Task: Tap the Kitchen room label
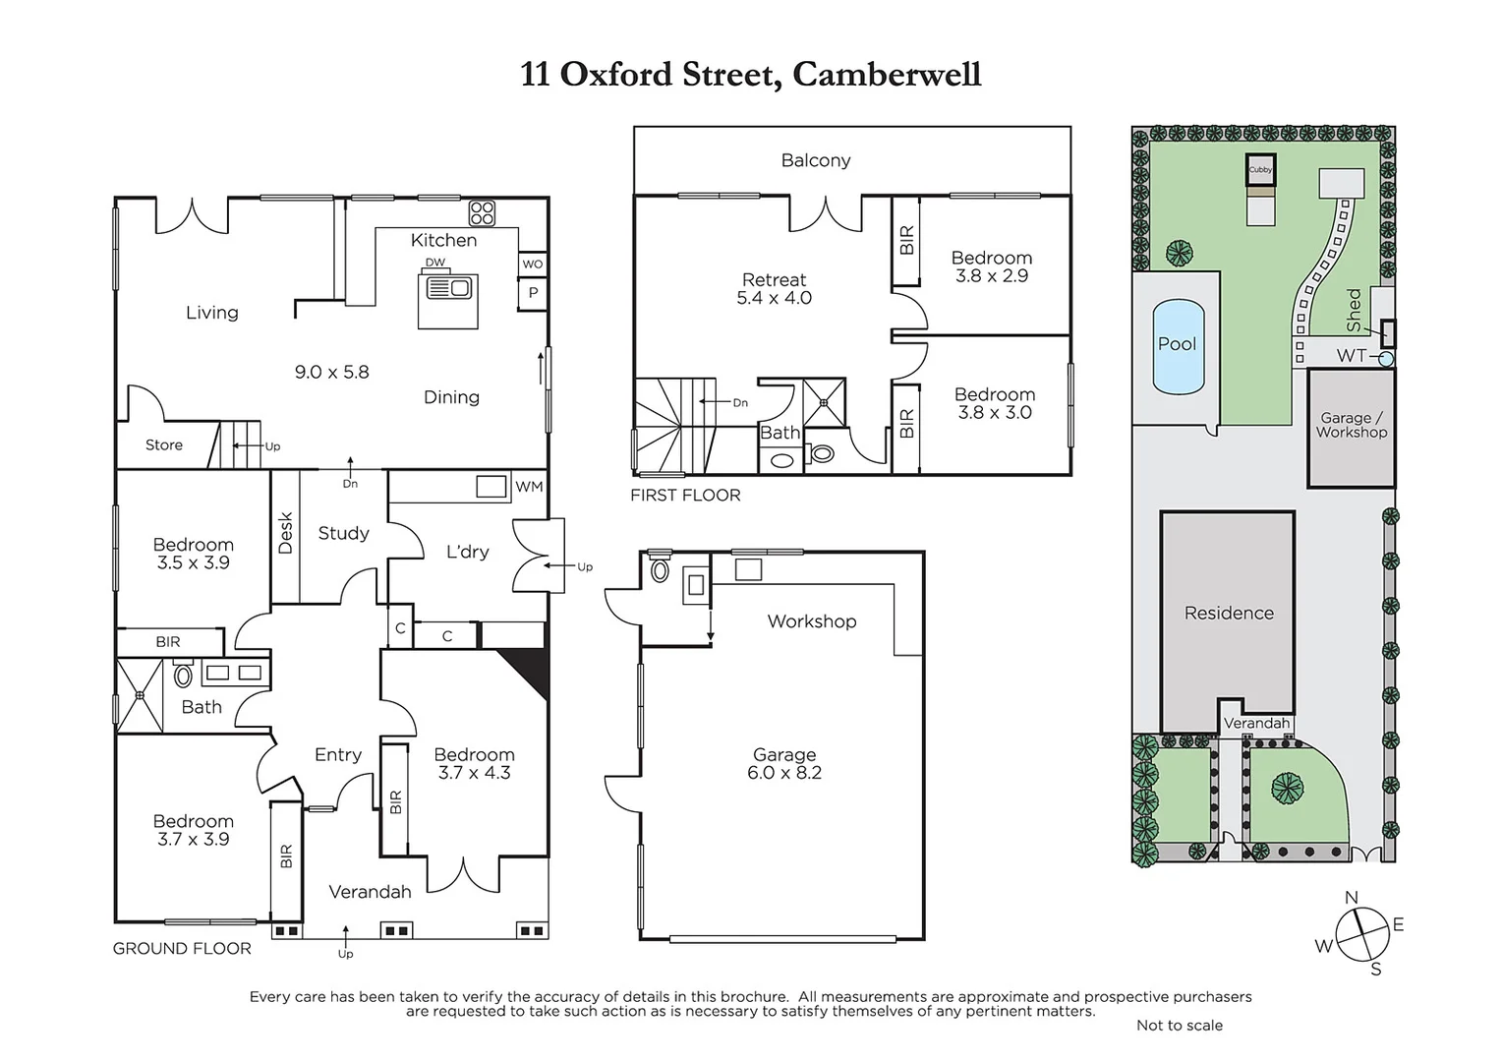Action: click(443, 240)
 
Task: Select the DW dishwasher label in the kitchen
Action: click(434, 263)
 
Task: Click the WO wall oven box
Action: click(532, 265)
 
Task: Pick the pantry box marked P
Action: click(533, 293)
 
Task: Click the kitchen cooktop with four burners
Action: click(482, 212)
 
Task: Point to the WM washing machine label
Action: click(529, 487)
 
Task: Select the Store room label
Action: click(164, 445)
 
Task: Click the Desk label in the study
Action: click(286, 533)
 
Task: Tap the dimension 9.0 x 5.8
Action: click(331, 373)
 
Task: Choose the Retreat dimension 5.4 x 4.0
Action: click(774, 298)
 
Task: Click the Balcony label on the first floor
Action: click(815, 160)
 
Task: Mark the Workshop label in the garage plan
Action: click(811, 621)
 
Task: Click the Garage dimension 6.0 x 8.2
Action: click(783, 773)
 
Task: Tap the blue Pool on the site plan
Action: click(1178, 345)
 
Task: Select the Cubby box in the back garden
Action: click(1260, 169)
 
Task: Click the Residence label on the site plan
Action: click(1229, 614)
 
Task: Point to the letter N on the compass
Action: click(1351, 898)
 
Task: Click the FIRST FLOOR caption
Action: click(685, 496)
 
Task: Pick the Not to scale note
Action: click(1179, 1026)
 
